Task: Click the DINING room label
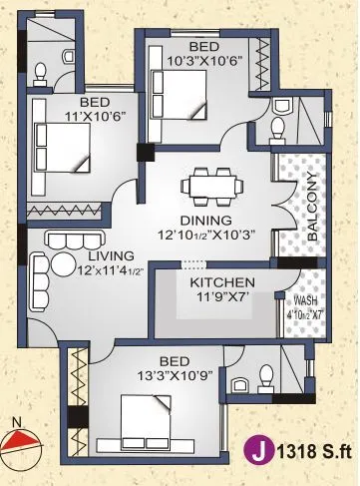point(206,220)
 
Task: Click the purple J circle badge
point(263,452)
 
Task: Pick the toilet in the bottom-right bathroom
point(265,376)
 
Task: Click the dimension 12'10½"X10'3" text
point(206,237)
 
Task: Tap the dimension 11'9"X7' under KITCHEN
point(217,297)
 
